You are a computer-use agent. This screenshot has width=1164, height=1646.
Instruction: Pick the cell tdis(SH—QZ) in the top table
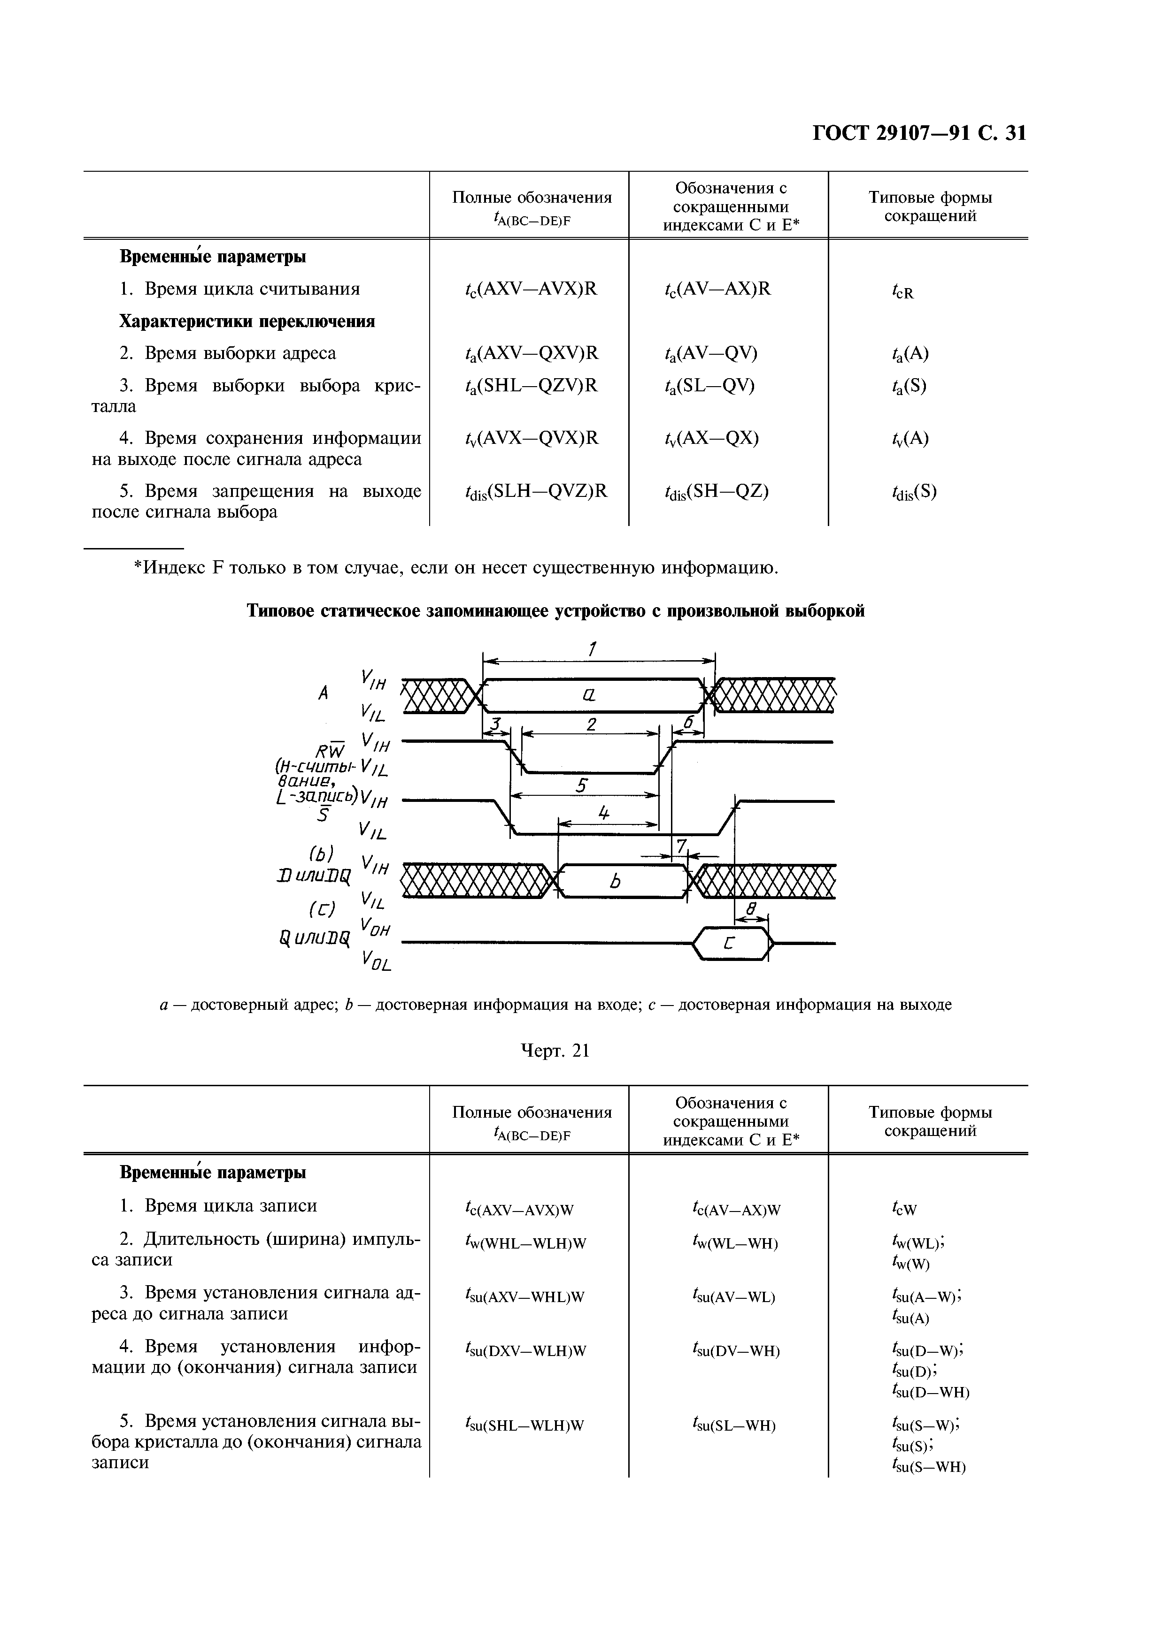tap(717, 492)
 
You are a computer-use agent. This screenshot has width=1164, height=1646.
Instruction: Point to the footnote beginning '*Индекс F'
tap(456, 569)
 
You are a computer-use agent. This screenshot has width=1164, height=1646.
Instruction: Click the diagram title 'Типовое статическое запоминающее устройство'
tap(556, 611)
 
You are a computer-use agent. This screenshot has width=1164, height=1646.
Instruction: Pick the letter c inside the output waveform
tap(729, 945)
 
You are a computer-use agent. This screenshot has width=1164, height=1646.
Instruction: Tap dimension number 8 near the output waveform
tap(751, 909)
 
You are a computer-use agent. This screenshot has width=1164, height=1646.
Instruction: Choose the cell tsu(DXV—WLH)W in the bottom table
tap(526, 1351)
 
